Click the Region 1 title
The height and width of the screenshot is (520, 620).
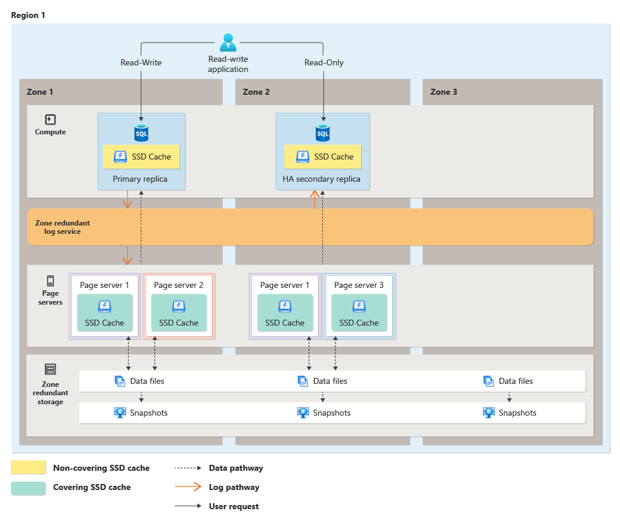pyautogui.click(x=28, y=15)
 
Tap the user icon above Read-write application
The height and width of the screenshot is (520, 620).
pyautogui.click(x=228, y=42)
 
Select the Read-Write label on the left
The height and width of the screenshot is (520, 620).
pyautogui.click(x=141, y=62)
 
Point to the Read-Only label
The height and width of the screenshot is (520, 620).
pyautogui.click(x=323, y=62)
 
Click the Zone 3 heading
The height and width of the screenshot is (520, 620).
pyautogui.click(x=443, y=92)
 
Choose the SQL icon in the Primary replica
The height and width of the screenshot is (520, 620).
pyautogui.click(x=141, y=133)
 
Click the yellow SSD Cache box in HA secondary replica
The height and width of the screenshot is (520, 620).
pyautogui.click(x=322, y=157)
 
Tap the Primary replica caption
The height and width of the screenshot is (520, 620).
pyautogui.click(x=140, y=179)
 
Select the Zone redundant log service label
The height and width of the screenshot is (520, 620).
pyautogui.click(x=62, y=227)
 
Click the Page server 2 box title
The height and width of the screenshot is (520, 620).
pyautogui.click(x=179, y=285)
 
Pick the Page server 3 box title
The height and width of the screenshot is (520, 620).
pyautogui.click(x=359, y=285)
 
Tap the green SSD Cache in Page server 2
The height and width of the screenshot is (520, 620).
pyautogui.click(x=179, y=313)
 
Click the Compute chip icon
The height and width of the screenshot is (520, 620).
pyautogui.click(x=50, y=119)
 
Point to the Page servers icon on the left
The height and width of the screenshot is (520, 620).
pyautogui.click(x=50, y=280)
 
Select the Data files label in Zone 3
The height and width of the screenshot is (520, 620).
pyautogui.click(x=515, y=381)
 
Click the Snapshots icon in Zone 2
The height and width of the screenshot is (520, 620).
pyautogui.click(x=303, y=413)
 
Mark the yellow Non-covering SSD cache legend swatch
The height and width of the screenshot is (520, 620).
pyautogui.click(x=28, y=468)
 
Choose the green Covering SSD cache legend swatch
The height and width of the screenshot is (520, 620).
pyautogui.click(x=28, y=488)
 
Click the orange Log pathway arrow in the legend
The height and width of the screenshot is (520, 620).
pyautogui.click(x=188, y=487)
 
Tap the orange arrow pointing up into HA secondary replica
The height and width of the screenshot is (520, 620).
pyautogui.click(x=314, y=199)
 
